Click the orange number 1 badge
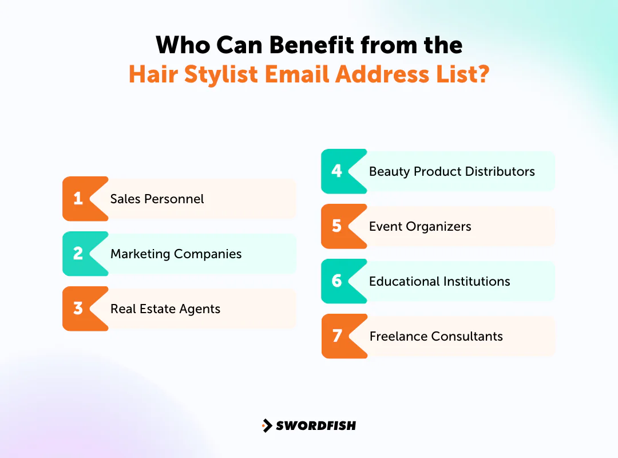79,199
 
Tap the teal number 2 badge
79,254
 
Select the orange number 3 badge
79,309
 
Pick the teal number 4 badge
337,171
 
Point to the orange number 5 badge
337,226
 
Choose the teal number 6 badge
337,281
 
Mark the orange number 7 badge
337,336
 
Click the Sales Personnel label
157,199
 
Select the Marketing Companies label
176,254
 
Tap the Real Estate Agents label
165,309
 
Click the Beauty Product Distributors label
451,172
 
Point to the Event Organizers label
420,227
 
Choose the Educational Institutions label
439,282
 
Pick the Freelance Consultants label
436,337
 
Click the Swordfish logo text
316,425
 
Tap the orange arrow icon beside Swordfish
267,425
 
